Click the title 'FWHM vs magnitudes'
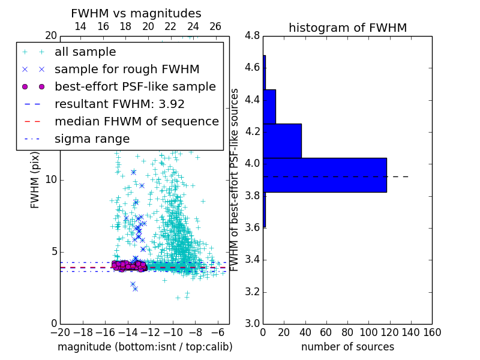(136, 13)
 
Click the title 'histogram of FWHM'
(347, 28)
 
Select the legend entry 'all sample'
(85, 52)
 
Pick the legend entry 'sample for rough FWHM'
(127, 70)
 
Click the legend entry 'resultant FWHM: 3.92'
(119, 104)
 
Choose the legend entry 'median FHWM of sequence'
(136, 122)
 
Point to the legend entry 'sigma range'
(92, 139)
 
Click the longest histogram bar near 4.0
(325, 175)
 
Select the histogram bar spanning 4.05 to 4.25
(282, 141)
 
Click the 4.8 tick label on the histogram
(252, 36)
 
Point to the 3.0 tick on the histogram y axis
(252, 324)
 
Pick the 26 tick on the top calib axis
(215, 26)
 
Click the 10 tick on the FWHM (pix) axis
(50, 180)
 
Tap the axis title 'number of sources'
(347, 347)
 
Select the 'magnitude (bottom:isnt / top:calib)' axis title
(145, 347)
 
